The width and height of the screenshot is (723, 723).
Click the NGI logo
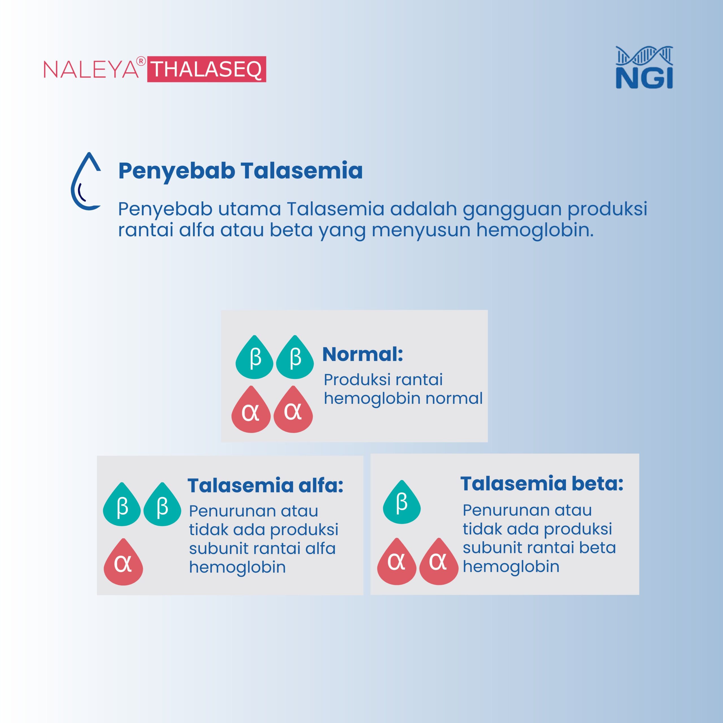(644, 67)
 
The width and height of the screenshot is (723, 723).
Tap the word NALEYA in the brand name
(91, 69)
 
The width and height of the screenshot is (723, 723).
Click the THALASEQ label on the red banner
(206, 69)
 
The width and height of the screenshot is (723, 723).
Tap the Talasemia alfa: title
(265, 485)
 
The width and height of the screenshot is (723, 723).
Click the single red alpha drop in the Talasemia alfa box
(123, 562)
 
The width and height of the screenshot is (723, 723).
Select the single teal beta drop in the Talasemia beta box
(402, 502)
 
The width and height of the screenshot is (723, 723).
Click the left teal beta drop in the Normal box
(254, 357)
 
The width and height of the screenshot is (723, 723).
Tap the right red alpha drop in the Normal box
(293, 410)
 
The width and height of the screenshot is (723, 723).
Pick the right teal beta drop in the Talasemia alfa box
(162, 504)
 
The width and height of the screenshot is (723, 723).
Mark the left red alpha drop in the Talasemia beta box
(397, 561)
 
